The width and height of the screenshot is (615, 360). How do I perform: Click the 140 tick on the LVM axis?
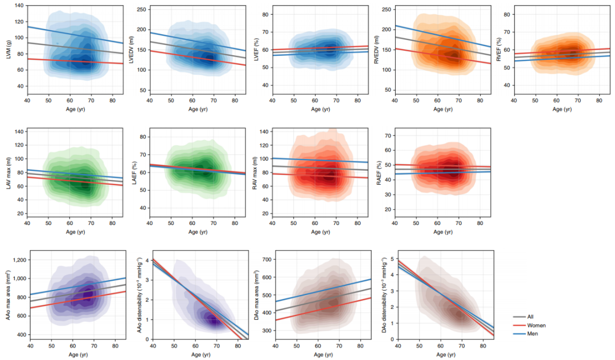point(18,6)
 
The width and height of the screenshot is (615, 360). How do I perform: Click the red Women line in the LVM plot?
point(80,61)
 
